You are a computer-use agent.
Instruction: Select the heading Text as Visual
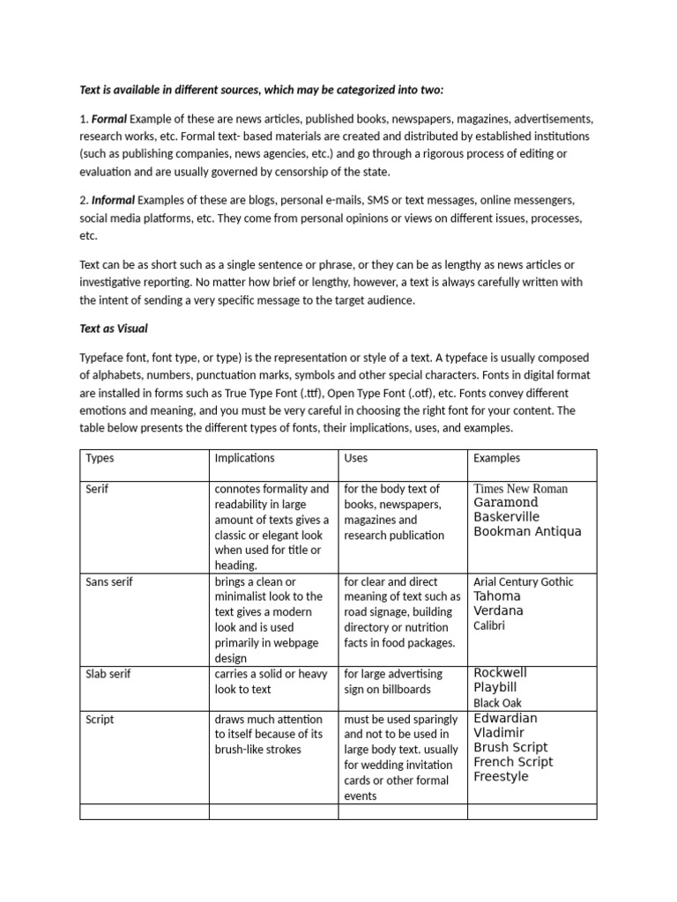coord(114,329)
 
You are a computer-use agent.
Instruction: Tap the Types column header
coord(100,458)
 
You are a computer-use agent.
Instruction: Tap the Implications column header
coord(244,458)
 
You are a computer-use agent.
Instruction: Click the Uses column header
coord(356,458)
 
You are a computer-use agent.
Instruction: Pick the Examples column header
coord(496,458)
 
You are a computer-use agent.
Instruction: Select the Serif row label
coord(97,489)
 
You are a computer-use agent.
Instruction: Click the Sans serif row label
coord(109,582)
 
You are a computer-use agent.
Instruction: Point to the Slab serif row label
coord(109,675)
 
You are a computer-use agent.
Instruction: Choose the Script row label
coord(100,720)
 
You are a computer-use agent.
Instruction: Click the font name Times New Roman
coord(520,489)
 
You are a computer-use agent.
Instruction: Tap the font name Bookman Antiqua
coord(527,532)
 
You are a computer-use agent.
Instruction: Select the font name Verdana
coord(498,610)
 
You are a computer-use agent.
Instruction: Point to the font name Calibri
coord(489,625)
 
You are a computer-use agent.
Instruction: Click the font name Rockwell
coord(500,673)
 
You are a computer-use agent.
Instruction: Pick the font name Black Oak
coord(497,703)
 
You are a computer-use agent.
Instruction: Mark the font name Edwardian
coord(505,718)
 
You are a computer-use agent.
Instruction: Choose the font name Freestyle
coord(501,777)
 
